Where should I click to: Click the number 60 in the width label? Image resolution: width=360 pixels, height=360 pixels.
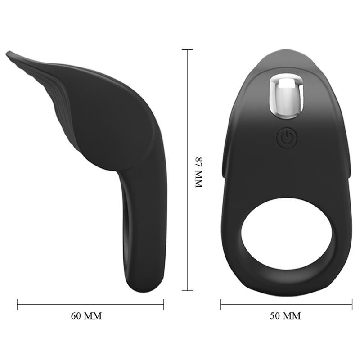click(x=77, y=315)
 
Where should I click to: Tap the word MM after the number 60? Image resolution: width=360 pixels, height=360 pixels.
click(x=94, y=315)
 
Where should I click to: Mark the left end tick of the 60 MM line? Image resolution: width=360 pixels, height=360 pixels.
click(x=18, y=304)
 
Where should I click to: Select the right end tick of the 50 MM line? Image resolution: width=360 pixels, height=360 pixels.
click(x=351, y=304)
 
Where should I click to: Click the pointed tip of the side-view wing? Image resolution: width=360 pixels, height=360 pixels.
click(x=8, y=54)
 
